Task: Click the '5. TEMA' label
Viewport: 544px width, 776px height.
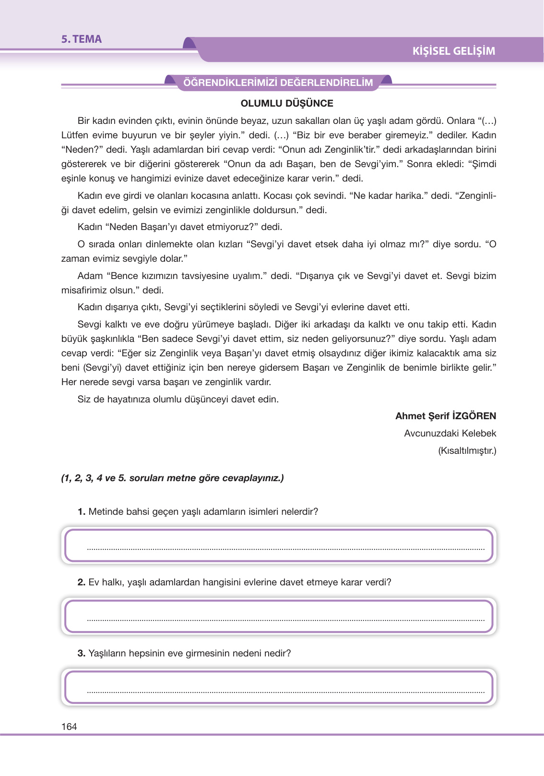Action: [81, 39]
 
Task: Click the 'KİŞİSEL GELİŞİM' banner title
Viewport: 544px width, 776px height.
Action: [453, 51]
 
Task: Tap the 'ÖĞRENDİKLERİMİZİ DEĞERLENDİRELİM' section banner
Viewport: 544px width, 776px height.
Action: [278, 83]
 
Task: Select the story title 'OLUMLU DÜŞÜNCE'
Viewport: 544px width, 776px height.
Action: [287, 103]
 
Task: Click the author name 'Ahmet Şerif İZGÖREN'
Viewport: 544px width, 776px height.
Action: [446, 416]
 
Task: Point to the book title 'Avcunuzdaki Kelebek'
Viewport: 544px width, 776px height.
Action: [450, 433]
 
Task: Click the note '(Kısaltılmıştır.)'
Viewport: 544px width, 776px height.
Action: [467, 450]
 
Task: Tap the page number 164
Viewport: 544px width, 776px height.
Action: [69, 727]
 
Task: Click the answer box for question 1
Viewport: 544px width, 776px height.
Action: [279, 545]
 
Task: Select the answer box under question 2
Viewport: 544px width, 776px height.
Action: [279, 616]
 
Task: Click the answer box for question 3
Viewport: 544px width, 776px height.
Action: [279, 687]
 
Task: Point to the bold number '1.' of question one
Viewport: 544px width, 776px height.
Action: [82, 511]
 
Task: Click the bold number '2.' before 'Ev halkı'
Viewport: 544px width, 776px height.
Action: [82, 582]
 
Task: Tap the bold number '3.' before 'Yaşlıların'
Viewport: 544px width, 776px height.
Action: [82, 653]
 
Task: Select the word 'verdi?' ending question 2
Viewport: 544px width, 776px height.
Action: [378, 582]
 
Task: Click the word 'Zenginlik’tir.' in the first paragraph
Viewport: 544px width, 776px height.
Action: [352, 149]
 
